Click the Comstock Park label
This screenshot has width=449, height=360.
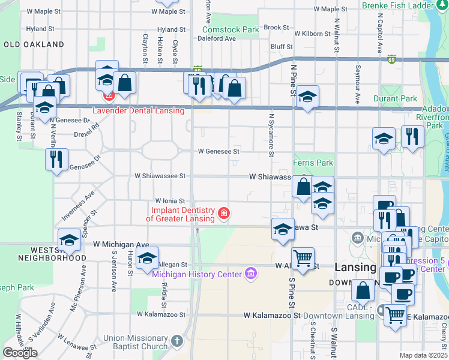click(x=231, y=29)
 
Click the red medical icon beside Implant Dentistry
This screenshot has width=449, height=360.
click(x=224, y=214)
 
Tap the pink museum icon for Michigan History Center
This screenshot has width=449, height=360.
click(x=251, y=275)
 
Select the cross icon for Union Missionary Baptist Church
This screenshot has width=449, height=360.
click(x=176, y=341)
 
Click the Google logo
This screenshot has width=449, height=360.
click(x=20, y=353)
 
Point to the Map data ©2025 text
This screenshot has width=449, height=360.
click(x=424, y=355)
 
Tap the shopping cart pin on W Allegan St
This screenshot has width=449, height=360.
click(x=303, y=259)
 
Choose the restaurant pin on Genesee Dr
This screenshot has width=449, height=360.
click(x=56, y=160)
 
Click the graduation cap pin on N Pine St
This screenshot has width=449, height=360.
click(x=307, y=97)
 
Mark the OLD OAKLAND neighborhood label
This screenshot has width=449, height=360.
click(x=34, y=44)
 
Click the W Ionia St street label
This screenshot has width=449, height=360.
click(x=172, y=200)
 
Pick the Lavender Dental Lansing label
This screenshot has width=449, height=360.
click(x=137, y=110)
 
